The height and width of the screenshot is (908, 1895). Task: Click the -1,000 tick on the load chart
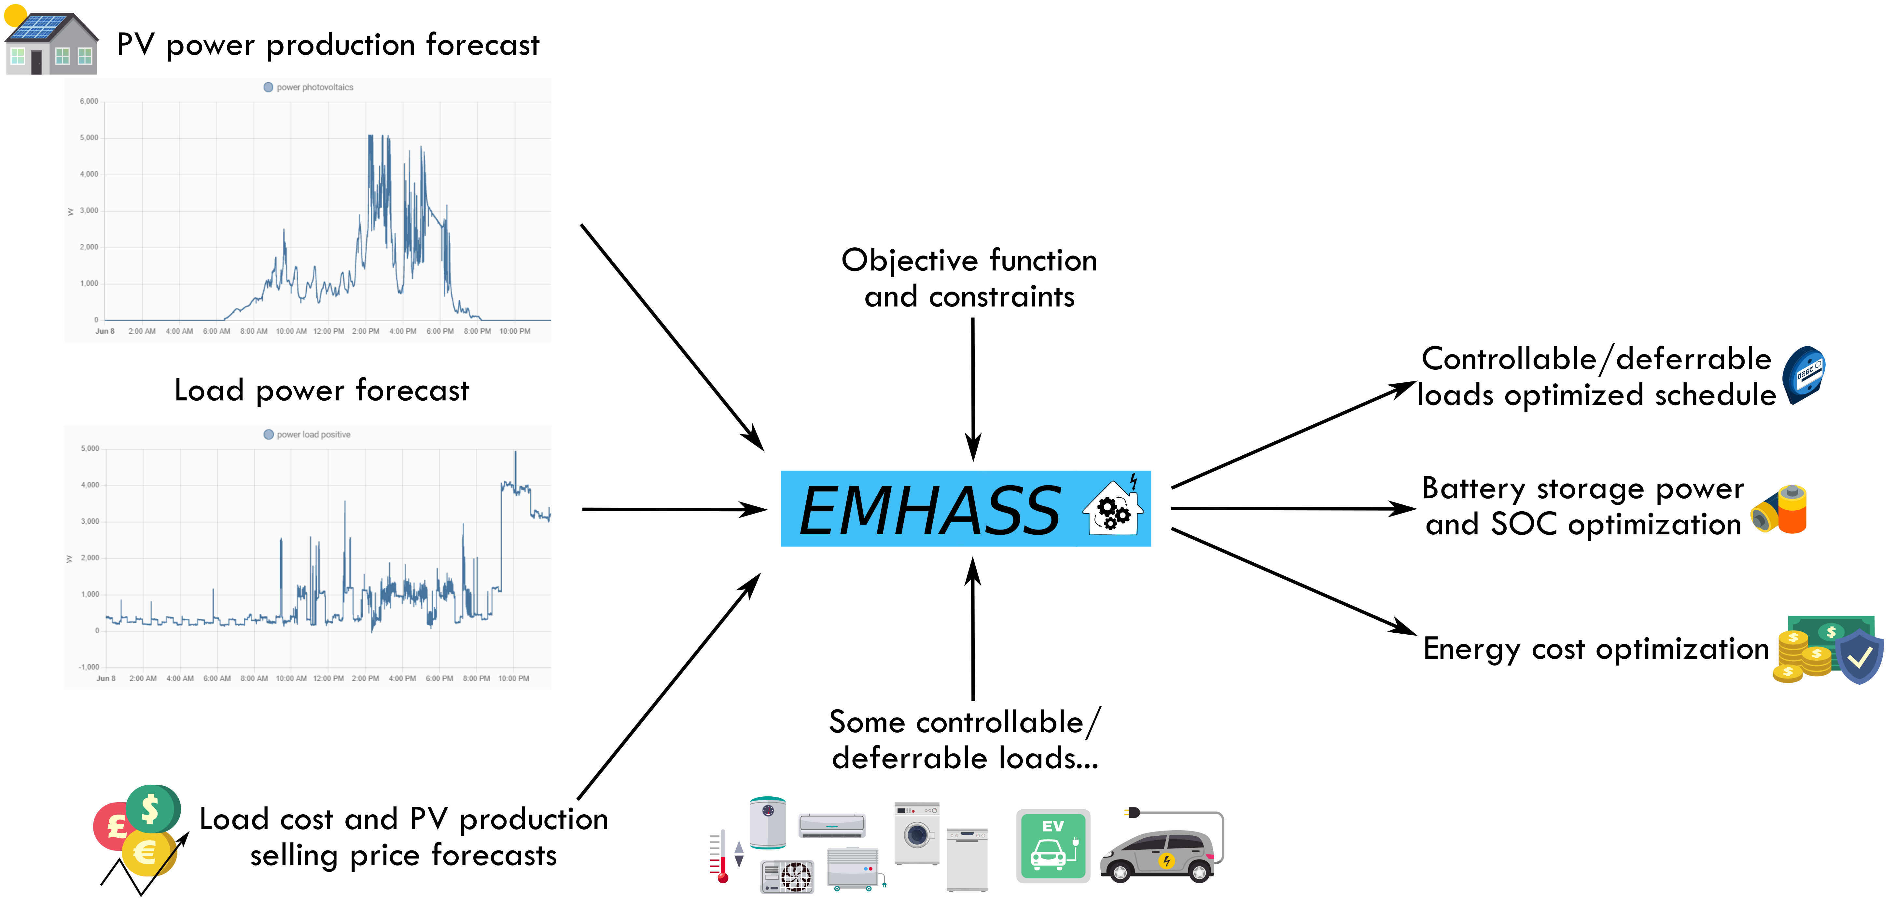tap(88, 667)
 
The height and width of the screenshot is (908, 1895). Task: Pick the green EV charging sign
tap(1053, 846)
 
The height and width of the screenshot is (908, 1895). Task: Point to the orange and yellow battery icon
tap(1780, 509)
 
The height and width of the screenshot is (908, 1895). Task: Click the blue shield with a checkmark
tap(1859, 656)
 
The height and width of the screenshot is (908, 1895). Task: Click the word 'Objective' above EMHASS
tap(909, 261)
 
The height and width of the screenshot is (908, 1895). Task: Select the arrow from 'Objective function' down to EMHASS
tap(972, 390)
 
